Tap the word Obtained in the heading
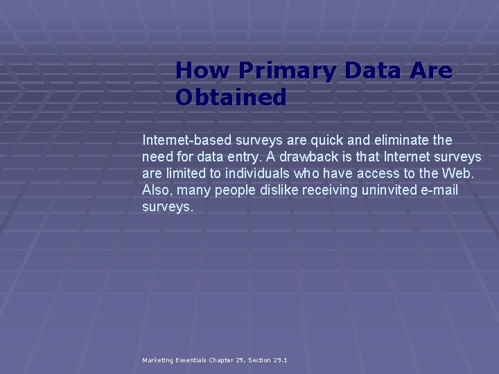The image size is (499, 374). [x=231, y=98]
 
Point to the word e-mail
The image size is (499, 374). [x=440, y=190]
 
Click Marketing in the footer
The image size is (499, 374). [x=159, y=360]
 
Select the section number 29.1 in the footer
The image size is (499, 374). [x=280, y=360]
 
